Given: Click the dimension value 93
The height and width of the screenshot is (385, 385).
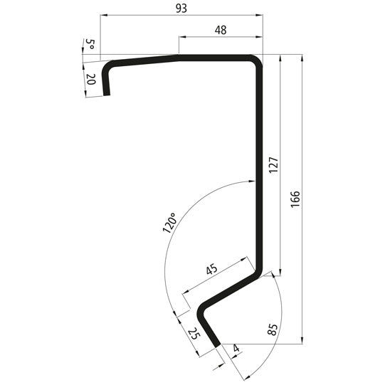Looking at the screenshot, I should pos(181,8).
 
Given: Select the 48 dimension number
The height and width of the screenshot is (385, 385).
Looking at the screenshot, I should pos(220,30).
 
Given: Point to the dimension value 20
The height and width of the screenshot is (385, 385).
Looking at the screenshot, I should pos(90,80).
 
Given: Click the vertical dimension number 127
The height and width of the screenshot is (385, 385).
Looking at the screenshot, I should pos(273,164).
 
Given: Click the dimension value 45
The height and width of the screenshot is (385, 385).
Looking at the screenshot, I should pos(211,270).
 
